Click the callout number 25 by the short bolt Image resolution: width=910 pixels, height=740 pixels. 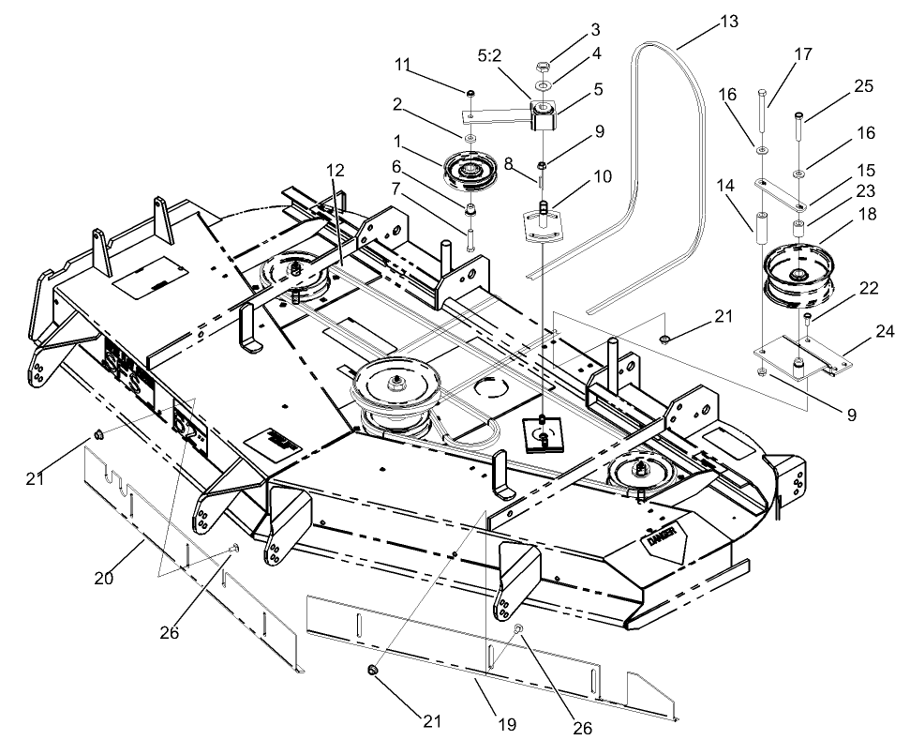pos(863,86)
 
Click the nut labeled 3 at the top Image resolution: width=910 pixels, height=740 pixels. pos(543,68)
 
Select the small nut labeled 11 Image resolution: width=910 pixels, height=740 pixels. pos(470,93)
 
